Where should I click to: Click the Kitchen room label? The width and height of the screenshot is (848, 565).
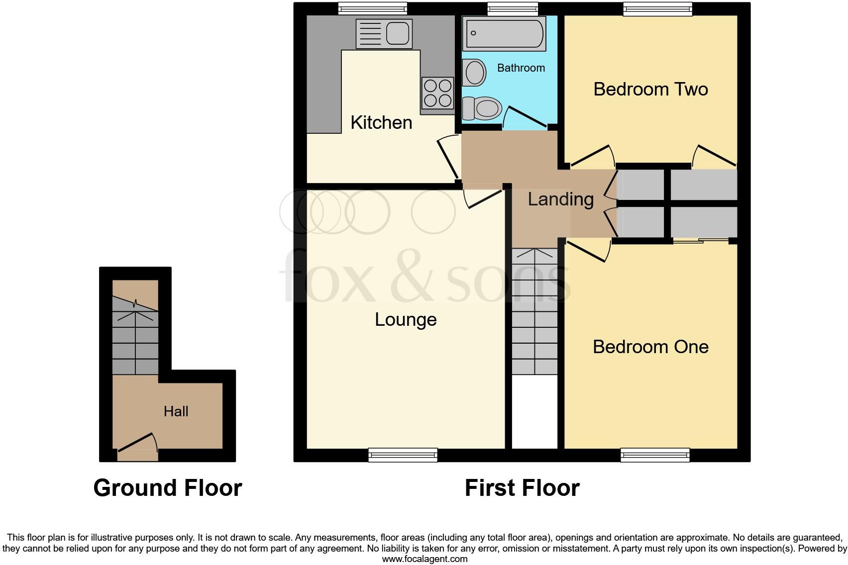(x=381, y=122)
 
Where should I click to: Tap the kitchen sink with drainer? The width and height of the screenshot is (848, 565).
(x=384, y=34)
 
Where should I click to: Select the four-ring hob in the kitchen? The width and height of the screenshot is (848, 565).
(x=437, y=93)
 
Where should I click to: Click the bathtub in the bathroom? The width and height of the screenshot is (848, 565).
(x=504, y=33)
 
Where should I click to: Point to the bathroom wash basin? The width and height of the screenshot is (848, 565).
(x=474, y=73)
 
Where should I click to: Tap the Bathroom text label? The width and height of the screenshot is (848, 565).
(x=521, y=68)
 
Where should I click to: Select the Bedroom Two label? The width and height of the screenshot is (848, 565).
(x=650, y=89)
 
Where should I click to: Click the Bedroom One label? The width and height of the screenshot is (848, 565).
(x=650, y=347)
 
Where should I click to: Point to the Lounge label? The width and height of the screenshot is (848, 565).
(x=406, y=319)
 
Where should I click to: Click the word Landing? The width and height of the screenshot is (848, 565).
(x=560, y=199)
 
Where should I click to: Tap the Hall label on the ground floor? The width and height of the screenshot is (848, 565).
(x=176, y=411)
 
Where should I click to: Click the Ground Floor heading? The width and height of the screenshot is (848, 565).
(x=168, y=488)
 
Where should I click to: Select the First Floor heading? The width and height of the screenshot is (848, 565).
(x=522, y=488)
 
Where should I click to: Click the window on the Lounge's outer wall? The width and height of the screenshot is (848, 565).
(x=403, y=455)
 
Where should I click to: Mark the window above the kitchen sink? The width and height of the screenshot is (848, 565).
(x=372, y=8)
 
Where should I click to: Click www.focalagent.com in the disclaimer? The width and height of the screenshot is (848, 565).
(x=424, y=559)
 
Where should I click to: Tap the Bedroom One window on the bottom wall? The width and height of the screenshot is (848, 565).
(x=655, y=455)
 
